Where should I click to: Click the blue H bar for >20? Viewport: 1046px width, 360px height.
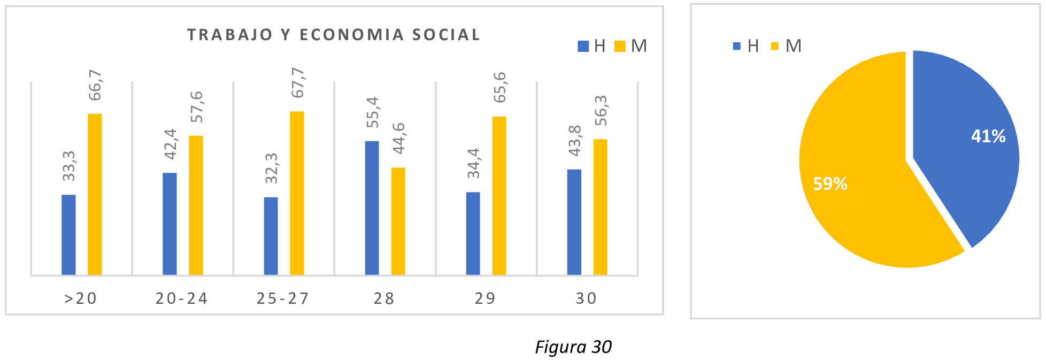[x=68, y=235]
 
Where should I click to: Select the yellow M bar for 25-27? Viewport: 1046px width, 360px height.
[x=297, y=193]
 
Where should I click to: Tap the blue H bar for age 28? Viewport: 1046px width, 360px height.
[x=372, y=208]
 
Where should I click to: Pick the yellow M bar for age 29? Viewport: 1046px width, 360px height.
[x=499, y=196]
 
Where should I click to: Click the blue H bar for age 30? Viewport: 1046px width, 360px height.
[x=574, y=222]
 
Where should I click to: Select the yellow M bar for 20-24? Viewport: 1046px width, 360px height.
[x=196, y=205]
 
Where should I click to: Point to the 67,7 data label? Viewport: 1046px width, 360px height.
[x=297, y=83]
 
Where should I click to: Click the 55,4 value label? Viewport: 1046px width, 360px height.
[x=372, y=112]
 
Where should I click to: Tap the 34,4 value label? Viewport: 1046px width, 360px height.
[x=473, y=163]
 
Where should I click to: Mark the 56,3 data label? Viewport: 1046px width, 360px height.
[x=601, y=110]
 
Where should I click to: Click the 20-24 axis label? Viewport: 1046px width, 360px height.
[x=182, y=298]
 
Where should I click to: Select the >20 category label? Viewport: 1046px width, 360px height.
[x=81, y=298]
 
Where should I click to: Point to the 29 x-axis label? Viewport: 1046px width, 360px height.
[x=485, y=298]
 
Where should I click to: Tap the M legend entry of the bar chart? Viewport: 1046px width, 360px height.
[x=632, y=46]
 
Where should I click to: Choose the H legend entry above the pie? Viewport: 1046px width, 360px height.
[x=747, y=46]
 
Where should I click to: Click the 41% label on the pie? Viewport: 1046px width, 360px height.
[x=988, y=136]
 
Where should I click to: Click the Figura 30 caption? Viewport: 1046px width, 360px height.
[x=573, y=347]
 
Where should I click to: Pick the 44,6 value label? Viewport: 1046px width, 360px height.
[x=398, y=138]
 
